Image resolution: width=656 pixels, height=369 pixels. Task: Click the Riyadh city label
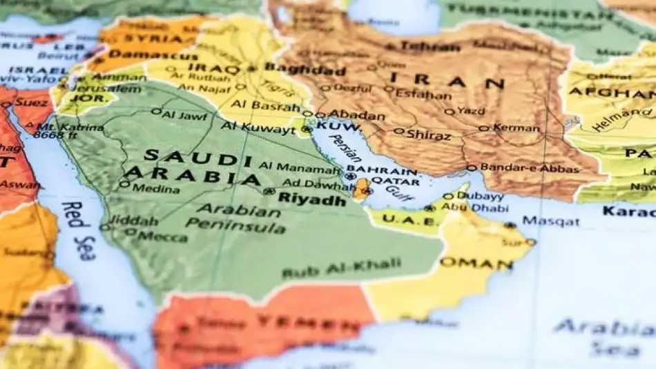click(x=311, y=200)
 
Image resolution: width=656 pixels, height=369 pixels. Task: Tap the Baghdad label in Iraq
click(x=305, y=70)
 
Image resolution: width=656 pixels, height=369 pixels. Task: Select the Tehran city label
click(x=430, y=47)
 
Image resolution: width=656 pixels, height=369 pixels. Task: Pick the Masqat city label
click(x=550, y=221)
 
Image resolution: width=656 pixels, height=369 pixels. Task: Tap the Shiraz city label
click(x=428, y=134)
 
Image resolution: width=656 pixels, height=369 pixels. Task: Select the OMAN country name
click(x=476, y=263)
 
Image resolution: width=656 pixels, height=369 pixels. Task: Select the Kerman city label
click(x=517, y=128)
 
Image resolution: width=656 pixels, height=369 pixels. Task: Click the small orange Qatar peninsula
click(x=360, y=189)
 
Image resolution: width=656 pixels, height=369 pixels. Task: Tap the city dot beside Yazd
click(x=450, y=111)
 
